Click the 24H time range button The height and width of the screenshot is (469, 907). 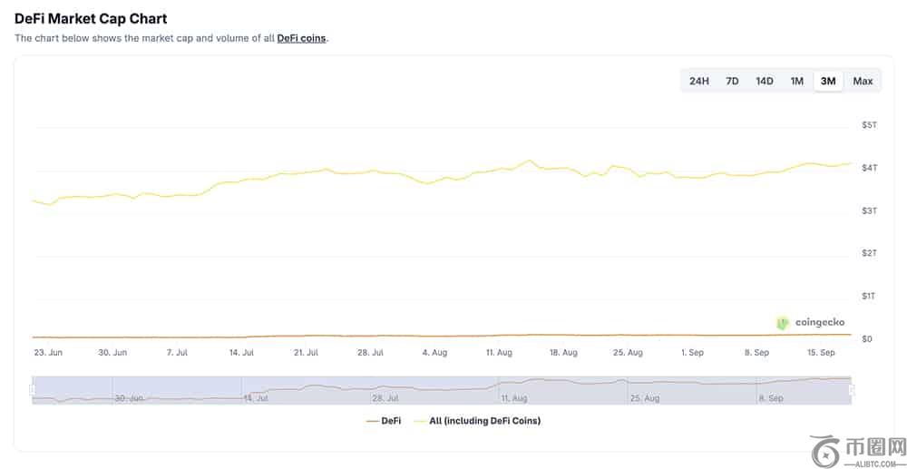click(x=698, y=81)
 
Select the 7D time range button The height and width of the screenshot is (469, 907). click(x=732, y=81)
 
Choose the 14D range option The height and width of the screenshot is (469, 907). click(x=764, y=81)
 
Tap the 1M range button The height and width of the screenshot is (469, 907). click(x=797, y=81)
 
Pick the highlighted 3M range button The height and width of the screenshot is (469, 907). click(x=828, y=81)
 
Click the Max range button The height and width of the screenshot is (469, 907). click(x=863, y=81)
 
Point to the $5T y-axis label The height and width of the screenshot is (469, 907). click(x=870, y=125)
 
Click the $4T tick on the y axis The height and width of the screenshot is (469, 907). click(x=870, y=168)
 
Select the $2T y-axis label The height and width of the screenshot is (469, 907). click(x=870, y=253)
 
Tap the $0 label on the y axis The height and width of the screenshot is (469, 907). click(x=866, y=339)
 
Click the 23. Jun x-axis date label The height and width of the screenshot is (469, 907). click(x=48, y=353)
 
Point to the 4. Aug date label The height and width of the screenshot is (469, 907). click(x=434, y=353)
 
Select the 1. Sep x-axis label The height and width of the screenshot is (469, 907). click(x=692, y=353)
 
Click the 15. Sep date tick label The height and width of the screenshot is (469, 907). click(x=822, y=353)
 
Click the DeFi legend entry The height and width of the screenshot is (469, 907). click(x=384, y=421)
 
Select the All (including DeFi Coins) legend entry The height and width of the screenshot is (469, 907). click(x=478, y=421)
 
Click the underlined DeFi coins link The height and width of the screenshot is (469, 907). click(x=301, y=39)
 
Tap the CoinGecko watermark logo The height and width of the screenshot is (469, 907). click(x=810, y=323)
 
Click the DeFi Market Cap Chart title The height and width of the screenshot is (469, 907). click(x=91, y=18)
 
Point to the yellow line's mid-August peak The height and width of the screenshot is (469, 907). click(x=529, y=161)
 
